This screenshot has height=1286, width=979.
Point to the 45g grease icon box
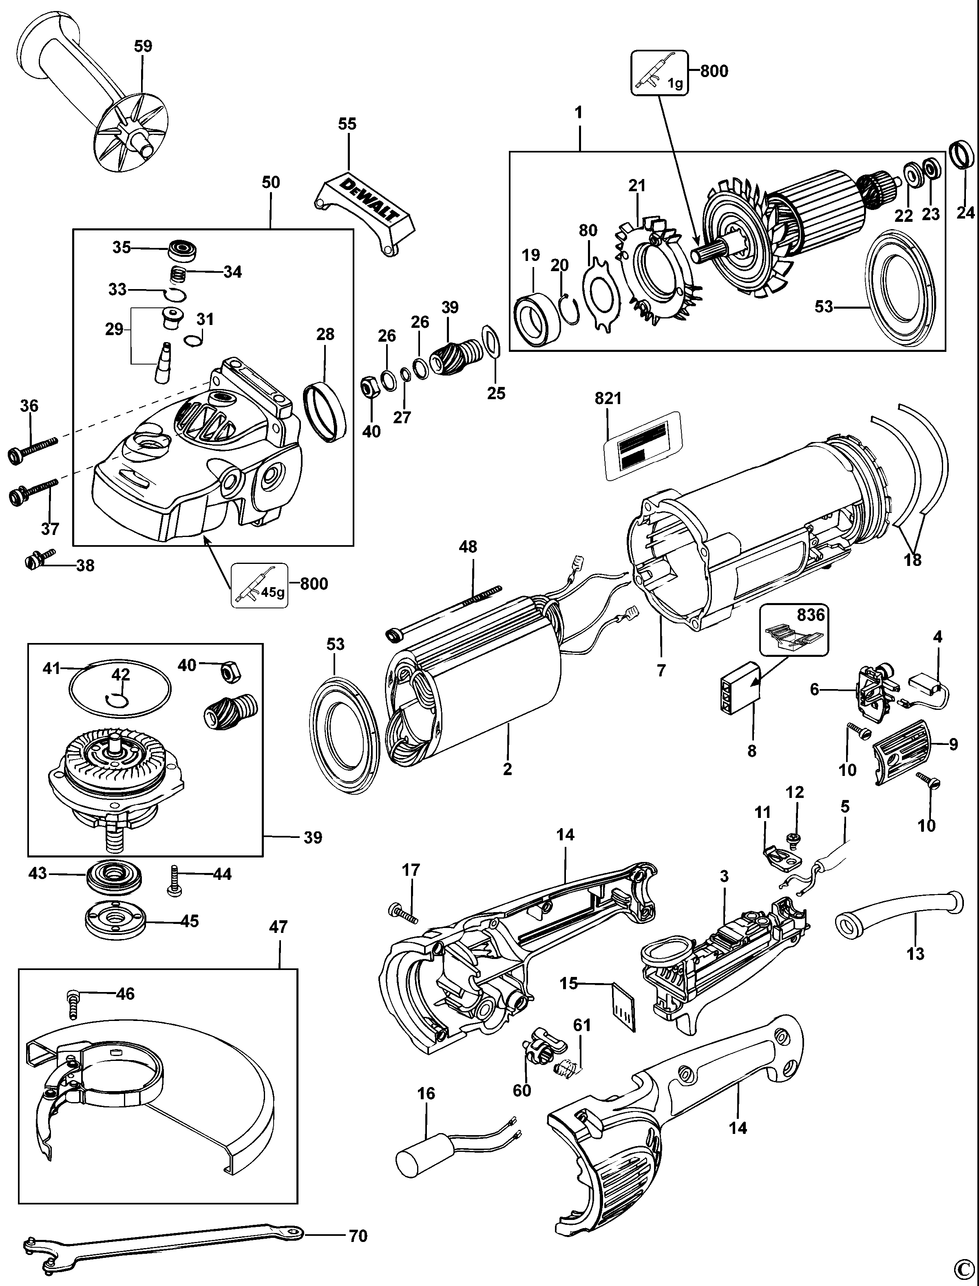[x=260, y=586]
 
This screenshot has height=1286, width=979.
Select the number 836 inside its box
[x=811, y=615]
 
